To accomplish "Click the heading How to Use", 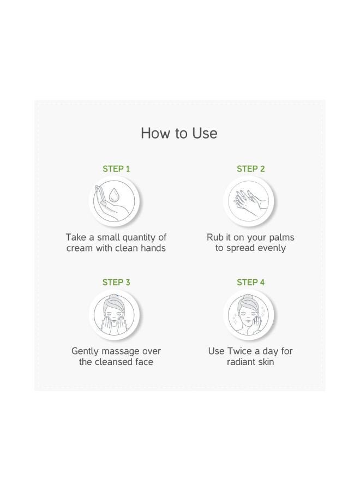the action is coord(179,133).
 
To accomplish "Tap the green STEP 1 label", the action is coord(116,169).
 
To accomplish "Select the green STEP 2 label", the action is coord(251,169).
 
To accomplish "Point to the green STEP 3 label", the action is coord(116,282).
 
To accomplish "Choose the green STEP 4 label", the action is coord(251,282).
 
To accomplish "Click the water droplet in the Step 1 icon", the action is coord(113,195).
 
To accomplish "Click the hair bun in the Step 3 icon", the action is coord(113,297).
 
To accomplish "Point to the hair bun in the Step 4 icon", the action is coord(248,297).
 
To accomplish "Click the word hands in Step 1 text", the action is coord(153,248).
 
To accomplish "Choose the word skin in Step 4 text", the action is coord(265,362).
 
